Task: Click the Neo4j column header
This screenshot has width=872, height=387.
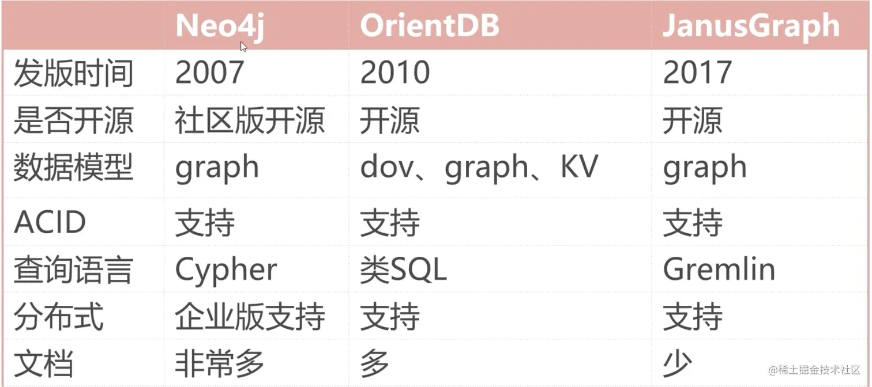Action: point(219,26)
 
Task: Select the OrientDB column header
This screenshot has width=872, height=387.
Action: point(429,25)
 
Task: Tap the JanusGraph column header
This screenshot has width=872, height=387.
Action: point(750,25)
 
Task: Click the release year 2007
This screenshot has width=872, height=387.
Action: point(209,73)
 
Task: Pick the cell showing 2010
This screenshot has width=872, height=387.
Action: point(395,73)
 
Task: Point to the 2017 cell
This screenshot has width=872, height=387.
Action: point(697,73)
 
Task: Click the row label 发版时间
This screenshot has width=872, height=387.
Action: point(73,74)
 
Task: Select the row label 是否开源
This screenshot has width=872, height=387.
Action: point(73,121)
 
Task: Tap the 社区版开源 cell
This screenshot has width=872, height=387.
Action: point(250,121)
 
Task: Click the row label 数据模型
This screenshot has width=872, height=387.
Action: point(73,168)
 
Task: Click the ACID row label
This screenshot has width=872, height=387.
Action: point(50,223)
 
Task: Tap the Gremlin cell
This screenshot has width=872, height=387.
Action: point(719,270)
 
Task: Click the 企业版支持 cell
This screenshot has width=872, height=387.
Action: point(250,317)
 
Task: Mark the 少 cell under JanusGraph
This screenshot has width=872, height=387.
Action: point(677,363)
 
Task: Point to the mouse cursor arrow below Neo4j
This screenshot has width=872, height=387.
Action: point(244,47)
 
